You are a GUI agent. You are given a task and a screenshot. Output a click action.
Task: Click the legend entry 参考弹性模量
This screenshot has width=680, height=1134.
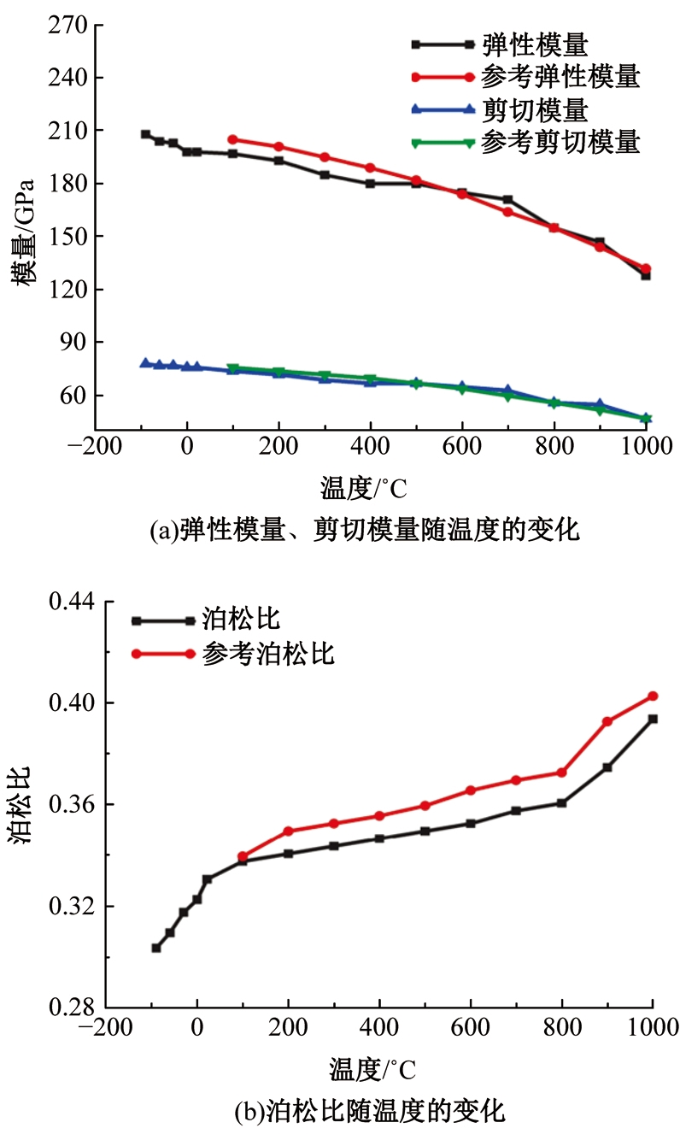click(x=560, y=77)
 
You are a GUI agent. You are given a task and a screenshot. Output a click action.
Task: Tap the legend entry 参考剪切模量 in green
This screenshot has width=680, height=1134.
click(x=560, y=142)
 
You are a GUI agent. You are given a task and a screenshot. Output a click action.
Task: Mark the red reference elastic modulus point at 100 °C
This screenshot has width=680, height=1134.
click(x=232, y=139)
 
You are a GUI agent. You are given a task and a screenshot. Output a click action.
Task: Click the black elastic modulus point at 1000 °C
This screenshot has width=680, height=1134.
click(x=646, y=275)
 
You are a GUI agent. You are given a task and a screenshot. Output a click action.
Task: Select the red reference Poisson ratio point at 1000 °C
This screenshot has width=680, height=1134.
click(x=653, y=696)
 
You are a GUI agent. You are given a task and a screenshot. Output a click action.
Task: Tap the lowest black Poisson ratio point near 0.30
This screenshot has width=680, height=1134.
click(x=156, y=948)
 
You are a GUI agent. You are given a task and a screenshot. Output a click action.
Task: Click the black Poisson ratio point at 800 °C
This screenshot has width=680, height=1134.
click(x=562, y=802)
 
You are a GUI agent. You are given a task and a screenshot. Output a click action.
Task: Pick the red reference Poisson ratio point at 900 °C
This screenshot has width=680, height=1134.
click(x=607, y=721)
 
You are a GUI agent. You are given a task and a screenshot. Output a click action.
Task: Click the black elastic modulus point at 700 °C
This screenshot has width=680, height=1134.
click(x=507, y=199)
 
